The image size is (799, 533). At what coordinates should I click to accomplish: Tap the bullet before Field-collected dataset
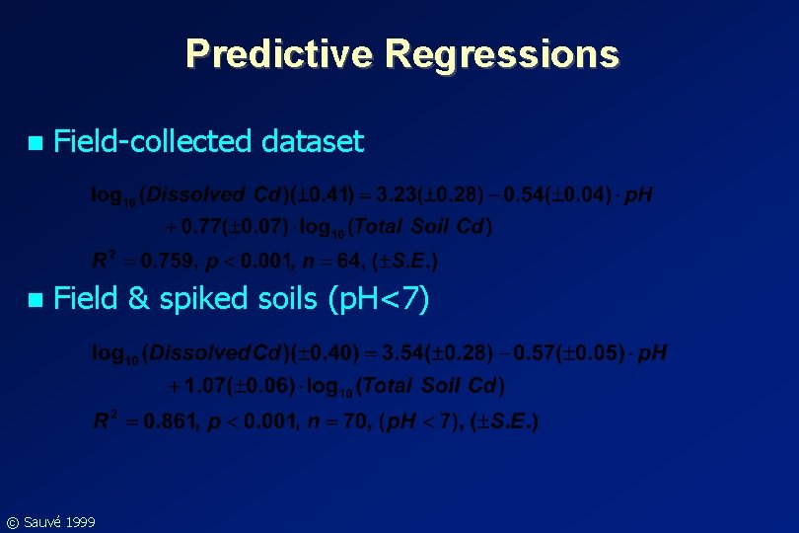coord(36,143)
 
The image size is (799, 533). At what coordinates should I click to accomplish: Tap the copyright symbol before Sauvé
coord(12,521)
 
